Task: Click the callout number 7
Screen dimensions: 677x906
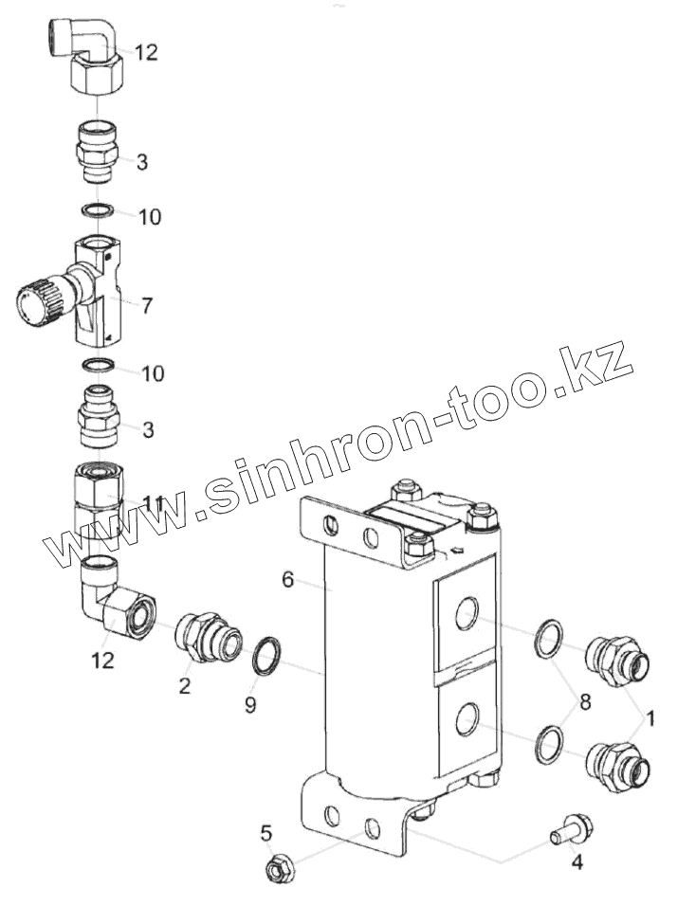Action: (x=147, y=305)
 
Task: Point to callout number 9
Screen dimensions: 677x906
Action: (x=250, y=705)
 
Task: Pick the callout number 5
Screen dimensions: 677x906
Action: (x=266, y=833)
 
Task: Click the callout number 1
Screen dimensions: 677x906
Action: (x=650, y=719)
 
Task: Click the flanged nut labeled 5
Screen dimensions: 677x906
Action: (x=280, y=865)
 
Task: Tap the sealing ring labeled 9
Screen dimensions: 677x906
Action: (x=268, y=655)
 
